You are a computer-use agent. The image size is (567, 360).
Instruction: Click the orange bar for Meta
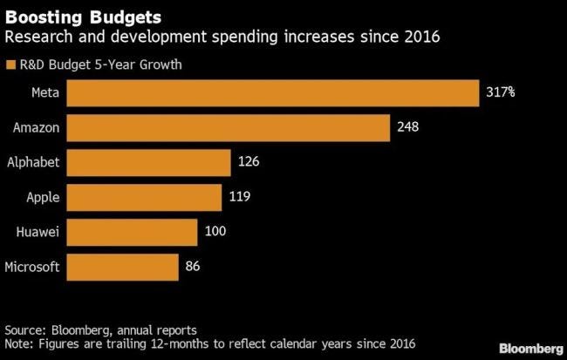273,92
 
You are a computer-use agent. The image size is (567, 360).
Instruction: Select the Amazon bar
228,128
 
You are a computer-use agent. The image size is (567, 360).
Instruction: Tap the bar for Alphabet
148,162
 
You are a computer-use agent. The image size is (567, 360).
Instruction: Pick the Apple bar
145,197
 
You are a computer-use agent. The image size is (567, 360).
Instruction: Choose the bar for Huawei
133,232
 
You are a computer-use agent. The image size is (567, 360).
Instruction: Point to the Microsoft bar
123,267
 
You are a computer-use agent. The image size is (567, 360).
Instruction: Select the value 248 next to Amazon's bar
407,128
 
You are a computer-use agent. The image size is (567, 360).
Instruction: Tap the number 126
249,162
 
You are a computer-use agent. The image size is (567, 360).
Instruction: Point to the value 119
240,197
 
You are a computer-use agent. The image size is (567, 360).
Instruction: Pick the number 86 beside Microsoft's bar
194,267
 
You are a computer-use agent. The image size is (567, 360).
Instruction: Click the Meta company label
44,92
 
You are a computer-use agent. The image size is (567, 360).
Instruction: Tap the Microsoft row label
32,267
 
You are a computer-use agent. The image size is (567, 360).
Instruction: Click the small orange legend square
10,64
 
